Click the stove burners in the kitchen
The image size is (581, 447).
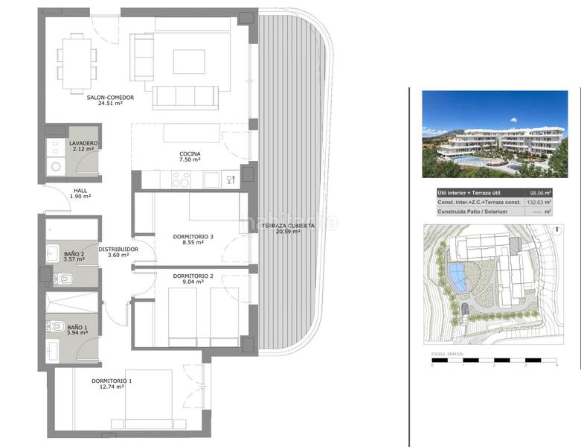[182, 180]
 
